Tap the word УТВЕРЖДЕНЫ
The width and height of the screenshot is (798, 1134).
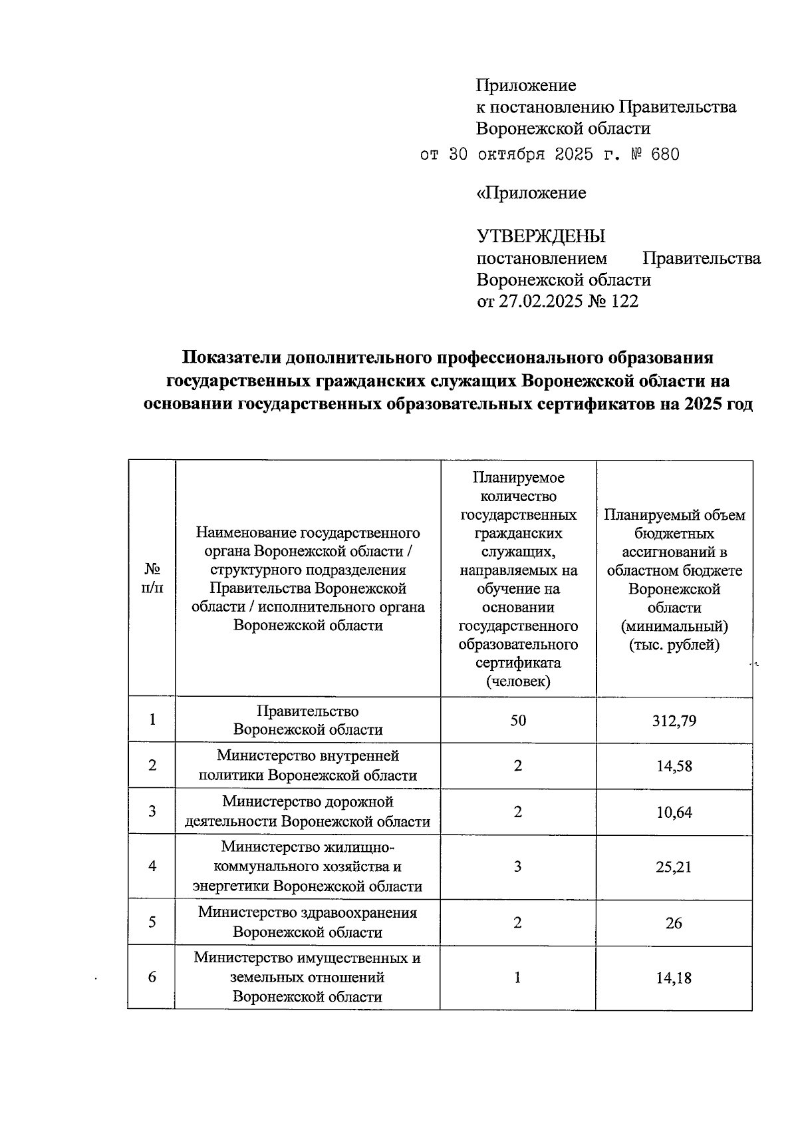(x=541, y=236)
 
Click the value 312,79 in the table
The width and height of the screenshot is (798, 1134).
(x=674, y=721)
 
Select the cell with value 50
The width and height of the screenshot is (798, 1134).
(x=518, y=721)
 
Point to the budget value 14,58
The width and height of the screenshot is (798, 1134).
(x=674, y=767)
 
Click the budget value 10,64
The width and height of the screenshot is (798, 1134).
(x=674, y=813)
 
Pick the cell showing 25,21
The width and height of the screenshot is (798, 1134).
(x=674, y=867)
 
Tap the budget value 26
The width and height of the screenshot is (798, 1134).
(x=674, y=923)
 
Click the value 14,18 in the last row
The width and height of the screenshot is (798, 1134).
(x=674, y=978)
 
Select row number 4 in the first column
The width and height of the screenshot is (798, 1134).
(x=152, y=867)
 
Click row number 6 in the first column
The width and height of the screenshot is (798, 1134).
(x=152, y=978)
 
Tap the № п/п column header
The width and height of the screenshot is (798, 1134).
(x=152, y=579)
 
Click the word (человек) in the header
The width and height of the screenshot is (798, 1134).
(x=518, y=682)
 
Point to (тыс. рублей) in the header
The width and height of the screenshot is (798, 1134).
(x=674, y=645)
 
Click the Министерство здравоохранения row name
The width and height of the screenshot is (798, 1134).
(x=307, y=922)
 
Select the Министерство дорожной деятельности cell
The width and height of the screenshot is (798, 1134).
(x=307, y=812)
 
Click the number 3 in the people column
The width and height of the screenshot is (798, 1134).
(x=518, y=867)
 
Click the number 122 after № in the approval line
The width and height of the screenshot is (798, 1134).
(x=624, y=301)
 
